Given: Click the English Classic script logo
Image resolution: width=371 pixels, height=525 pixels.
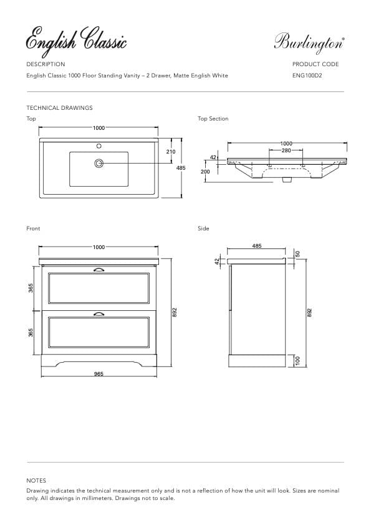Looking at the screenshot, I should click(76, 41).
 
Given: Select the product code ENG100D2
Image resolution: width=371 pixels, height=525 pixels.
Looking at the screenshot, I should click(307, 76).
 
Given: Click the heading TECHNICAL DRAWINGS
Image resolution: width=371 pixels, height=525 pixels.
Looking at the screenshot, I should click(59, 108).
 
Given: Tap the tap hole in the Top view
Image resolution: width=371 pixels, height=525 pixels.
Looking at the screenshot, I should click(99, 147).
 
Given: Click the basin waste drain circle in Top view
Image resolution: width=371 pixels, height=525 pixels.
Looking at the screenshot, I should click(99, 164).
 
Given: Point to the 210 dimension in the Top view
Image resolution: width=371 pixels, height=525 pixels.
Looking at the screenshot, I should click(171, 152).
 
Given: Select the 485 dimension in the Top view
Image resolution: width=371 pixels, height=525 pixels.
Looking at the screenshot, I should click(181, 168).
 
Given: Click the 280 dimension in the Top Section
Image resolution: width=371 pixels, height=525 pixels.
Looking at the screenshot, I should click(286, 150).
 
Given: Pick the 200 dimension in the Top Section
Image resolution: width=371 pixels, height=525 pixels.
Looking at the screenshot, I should click(205, 171).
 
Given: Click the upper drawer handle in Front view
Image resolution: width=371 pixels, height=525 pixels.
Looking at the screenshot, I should click(99, 270).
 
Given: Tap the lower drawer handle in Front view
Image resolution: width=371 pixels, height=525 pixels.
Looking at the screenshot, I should click(99, 313).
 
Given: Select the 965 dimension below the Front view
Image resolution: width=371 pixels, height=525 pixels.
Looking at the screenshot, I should click(99, 374).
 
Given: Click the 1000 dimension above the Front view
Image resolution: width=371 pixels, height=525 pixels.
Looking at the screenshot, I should click(99, 247).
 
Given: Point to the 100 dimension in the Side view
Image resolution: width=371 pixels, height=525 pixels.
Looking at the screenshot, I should click(297, 361).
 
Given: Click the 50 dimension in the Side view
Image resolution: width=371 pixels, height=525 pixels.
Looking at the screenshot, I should click(297, 253).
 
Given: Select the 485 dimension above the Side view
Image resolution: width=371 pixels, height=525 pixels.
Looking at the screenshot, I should click(257, 246).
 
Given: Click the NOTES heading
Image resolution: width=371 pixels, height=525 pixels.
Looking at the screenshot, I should click(36, 481).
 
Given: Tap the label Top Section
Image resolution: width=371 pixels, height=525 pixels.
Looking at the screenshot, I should click(213, 119).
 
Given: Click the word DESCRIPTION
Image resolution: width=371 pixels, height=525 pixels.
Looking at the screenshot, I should click(46, 64).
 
